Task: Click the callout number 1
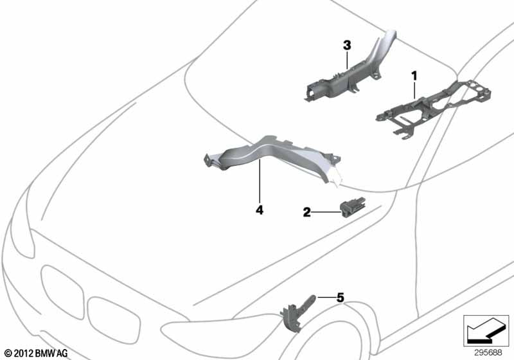[x=414, y=76]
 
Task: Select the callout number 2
[x=306, y=212]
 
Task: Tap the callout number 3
[x=347, y=46]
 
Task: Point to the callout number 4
[x=260, y=210]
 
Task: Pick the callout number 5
[x=341, y=298]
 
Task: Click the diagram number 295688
[x=488, y=352]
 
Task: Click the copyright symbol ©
[x=8, y=354]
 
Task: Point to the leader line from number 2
[x=326, y=212]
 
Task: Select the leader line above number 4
[x=260, y=181]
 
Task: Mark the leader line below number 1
[x=414, y=90]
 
